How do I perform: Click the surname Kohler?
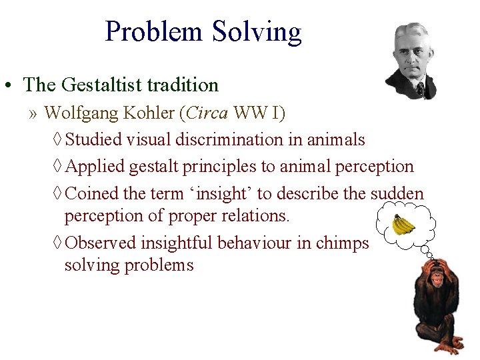click(x=150, y=113)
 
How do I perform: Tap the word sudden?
click(x=397, y=193)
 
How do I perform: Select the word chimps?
click(x=342, y=243)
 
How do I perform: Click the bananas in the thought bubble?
click(x=403, y=225)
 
